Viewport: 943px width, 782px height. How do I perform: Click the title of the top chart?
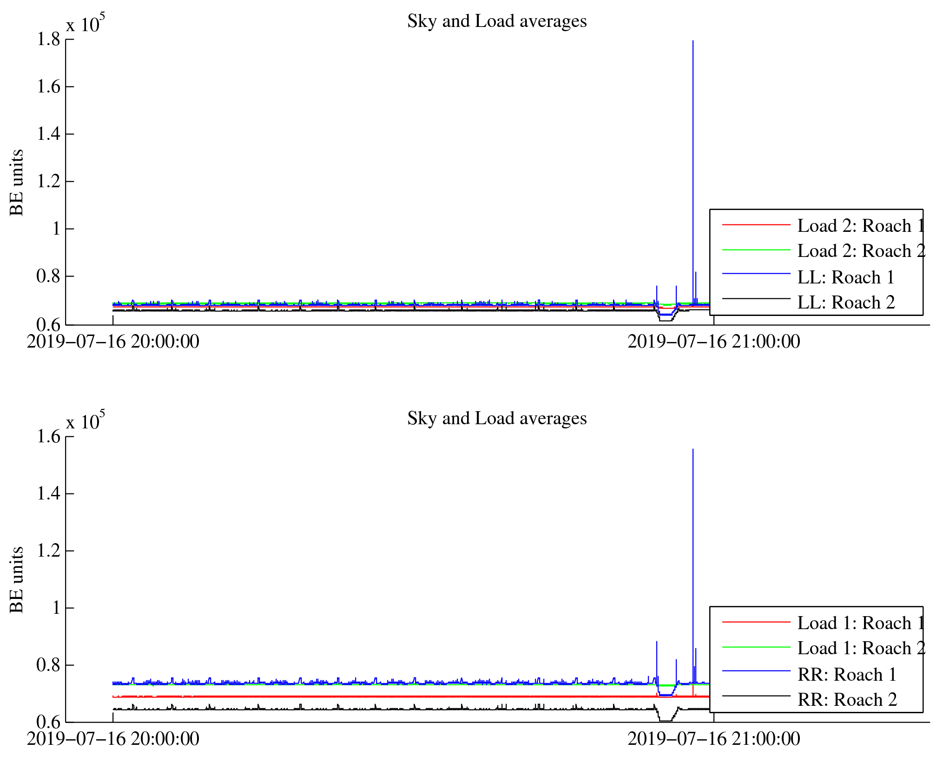click(x=497, y=21)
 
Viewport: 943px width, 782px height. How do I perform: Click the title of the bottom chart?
click(x=497, y=419)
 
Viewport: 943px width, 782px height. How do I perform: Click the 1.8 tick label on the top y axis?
click(x=49, y=39)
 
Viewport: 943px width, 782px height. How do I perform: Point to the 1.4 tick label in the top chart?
click(x=49, y=134)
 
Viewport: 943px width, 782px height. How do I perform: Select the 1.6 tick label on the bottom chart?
click(x=49, y=437)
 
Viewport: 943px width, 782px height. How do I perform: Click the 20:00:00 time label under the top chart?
click(x=113, y=342)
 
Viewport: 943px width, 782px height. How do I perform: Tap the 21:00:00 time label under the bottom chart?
click(x=714, y=739)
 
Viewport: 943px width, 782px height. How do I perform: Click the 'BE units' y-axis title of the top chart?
click(x=17, y=183)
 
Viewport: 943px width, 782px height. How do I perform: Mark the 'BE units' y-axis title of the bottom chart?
click(x=17, y=580)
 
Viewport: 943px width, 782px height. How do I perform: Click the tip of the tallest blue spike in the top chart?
click(x=693, y=41)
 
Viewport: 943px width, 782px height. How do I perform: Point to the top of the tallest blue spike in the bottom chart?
click(x=693, y=449)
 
